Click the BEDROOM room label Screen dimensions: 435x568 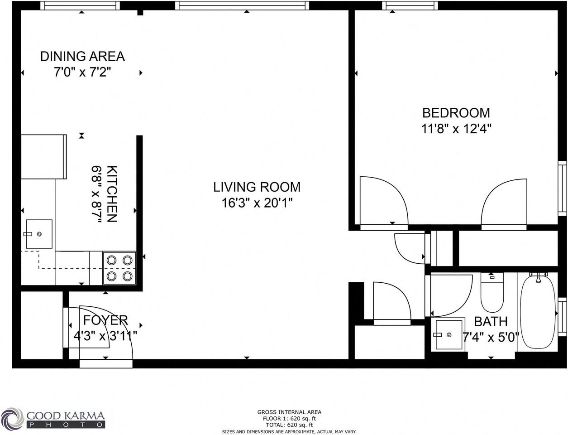pyautogui.click(x=456, y=113)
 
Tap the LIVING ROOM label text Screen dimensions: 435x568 pyautogui.click(x=257, y=187)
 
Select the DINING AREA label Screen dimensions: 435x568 pyautogui.click(x=82, y=56)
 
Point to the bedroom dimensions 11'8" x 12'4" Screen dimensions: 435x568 pyautogui.click(x=456, y=129)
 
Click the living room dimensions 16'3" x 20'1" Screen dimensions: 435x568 pyautogui.click(x=257, y=203)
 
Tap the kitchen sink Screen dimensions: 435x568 pyautogui.click(x=39, y=234)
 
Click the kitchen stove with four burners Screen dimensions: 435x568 pyautogui.click(x=119, y=268)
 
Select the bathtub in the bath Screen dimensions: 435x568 pyautogui.click(x=537, y=313)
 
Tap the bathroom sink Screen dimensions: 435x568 pyautogui.click(x=449, y=334)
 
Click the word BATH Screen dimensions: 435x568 pyautogui.click(x=491, y=322)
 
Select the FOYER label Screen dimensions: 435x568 pyautogui.click(x=105, y=320)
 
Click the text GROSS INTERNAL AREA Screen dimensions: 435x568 pyautogui.click(x=289, y=412)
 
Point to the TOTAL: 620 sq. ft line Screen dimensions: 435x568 pyautogui.click(x=289, y=425)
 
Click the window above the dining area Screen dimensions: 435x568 pyautogui.click(x=80, y=5)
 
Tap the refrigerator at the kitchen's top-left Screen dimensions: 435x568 pyautogui.click(x=43, y=156)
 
